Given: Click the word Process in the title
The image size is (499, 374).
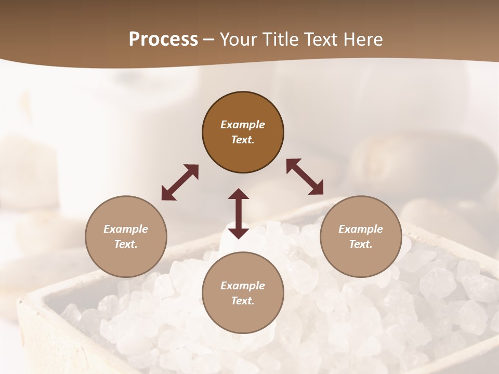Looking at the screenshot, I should pyautogui.click(x=163, y=39).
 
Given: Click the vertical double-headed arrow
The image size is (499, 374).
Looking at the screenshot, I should pyautogui.click(x=239, y=213).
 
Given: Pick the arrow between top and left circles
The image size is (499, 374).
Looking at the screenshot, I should pyautogui.click(x=180, y=182).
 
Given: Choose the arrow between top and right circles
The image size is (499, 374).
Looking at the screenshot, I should pyautogui.click(x=305, y=177).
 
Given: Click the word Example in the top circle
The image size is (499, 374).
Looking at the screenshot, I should pyautogui.click(x=243, y=125).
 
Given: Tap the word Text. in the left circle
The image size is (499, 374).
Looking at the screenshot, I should pyautogui.click(x=126, y=244).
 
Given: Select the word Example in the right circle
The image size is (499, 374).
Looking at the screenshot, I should pyautogui.click(x=361, y=229).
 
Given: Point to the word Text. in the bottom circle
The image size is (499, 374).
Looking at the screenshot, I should pyautogui.click(x=243, y=301).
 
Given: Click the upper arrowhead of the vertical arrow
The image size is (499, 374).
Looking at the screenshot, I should pyautogui.click(x=239, y=195).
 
